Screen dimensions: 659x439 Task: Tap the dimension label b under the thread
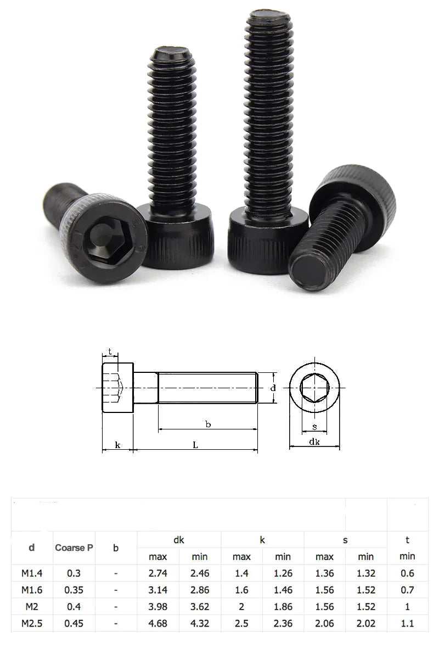[208, 424]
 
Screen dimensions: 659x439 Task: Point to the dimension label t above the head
[110, 351]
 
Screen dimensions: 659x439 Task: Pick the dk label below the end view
[314, 442]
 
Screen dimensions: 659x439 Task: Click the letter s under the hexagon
[314, 427]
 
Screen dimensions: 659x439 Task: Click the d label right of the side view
[273, 388]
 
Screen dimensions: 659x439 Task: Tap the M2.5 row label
[32, 623]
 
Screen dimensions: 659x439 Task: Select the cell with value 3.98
[158, 607]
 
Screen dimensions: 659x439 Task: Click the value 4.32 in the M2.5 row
[200, 623]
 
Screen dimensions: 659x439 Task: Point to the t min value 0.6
[407, 573]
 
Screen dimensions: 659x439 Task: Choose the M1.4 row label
[32, 573]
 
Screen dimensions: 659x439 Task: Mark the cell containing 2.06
[324, 623]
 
